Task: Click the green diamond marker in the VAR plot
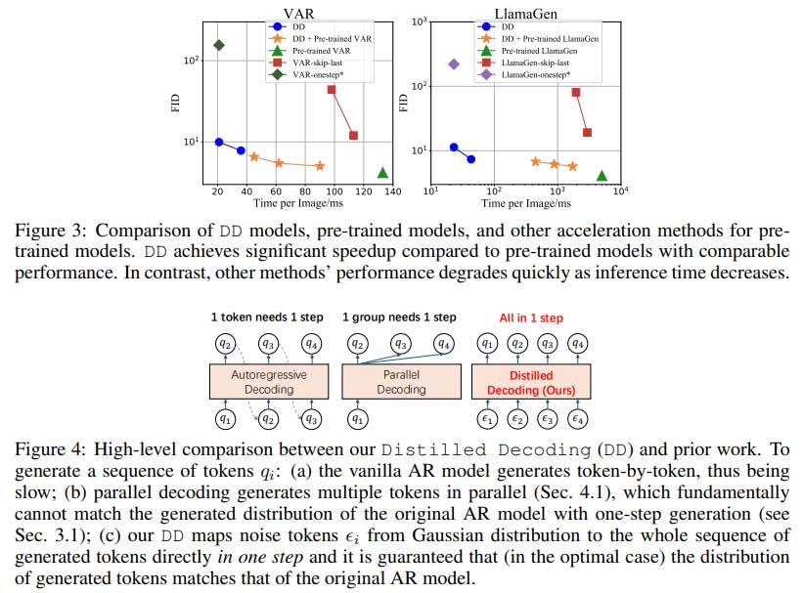[x=219, y=45]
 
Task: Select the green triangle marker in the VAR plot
[x=382, y=173]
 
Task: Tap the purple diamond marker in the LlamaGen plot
[x=454, y=64]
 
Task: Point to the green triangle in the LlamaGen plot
[x=601, y=176]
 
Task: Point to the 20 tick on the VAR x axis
[x=219, y=192]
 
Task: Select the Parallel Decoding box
[x=401, y=382]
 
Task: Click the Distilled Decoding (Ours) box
[x=532, y=382]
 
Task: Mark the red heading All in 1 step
[x=530, y=318]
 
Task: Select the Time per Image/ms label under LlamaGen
[x=524, y=203]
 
